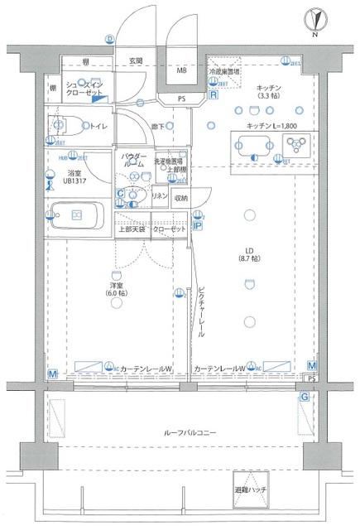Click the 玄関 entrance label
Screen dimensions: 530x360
(135, 61)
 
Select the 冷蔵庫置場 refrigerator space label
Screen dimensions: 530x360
(223, 72)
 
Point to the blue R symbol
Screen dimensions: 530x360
(213, 96)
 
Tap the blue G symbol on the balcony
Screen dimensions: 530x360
(305, 397)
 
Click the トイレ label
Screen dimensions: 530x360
(97, 127)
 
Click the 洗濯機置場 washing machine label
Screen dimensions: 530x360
(170, 162)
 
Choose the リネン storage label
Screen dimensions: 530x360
(159, 196)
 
